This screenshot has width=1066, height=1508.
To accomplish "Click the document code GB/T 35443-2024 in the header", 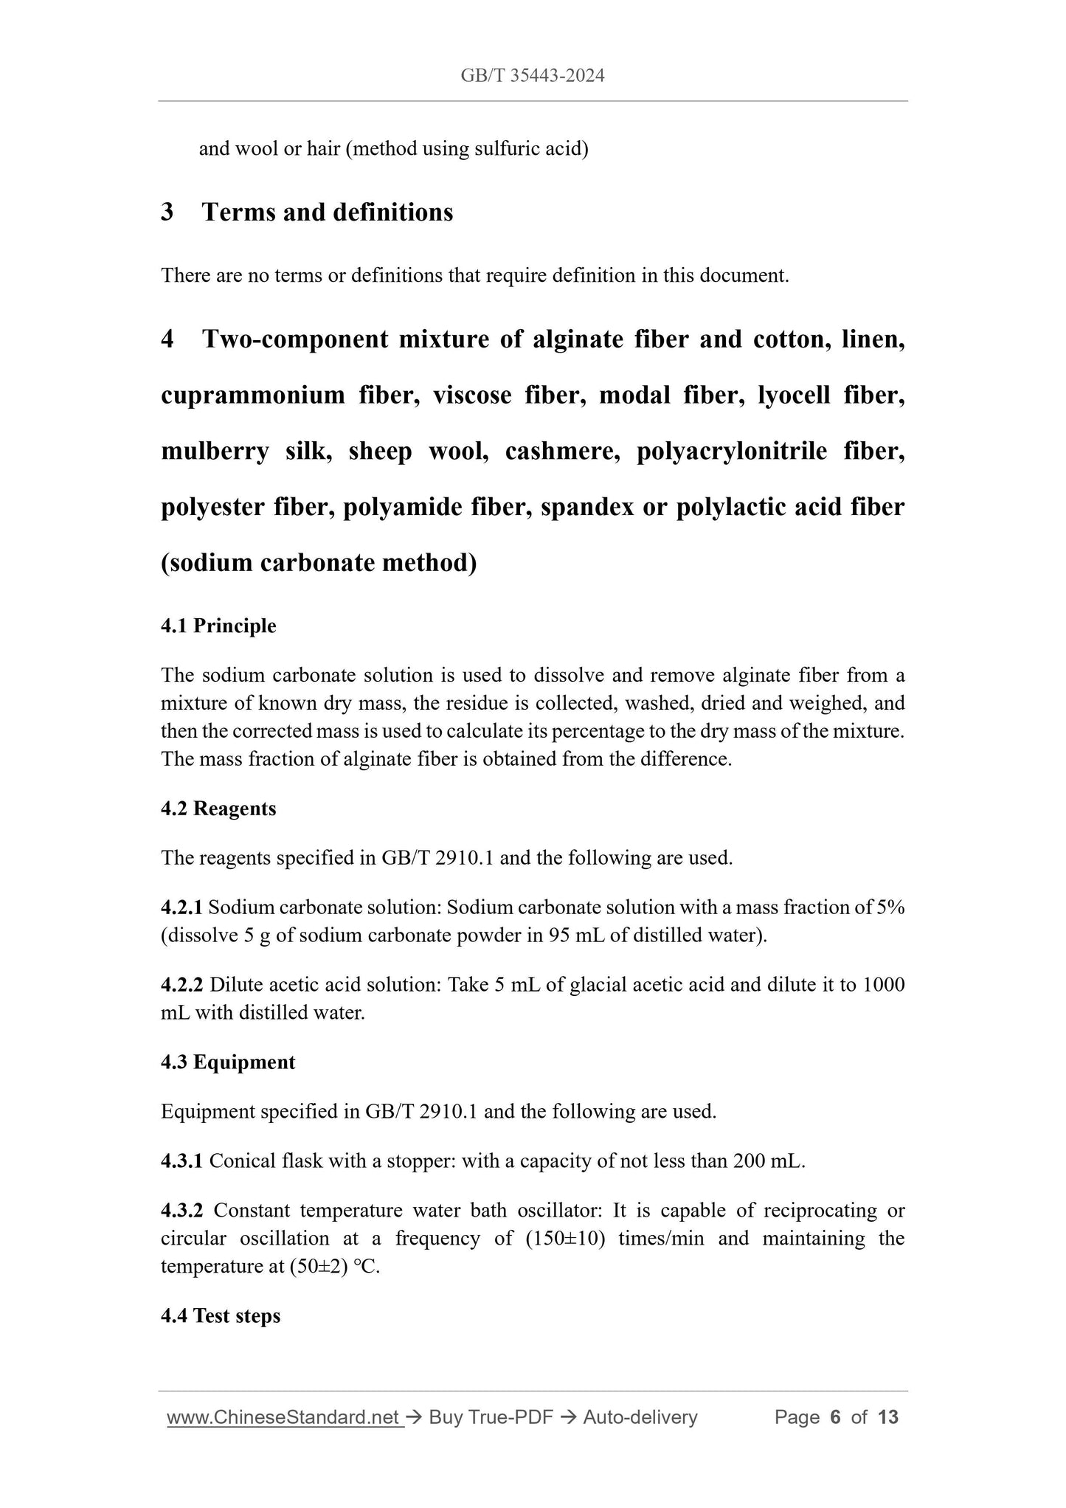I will pos(532,75).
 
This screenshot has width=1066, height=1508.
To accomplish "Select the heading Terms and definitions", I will pos(327,212).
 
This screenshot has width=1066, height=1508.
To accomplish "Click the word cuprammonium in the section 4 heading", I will pos(253,395).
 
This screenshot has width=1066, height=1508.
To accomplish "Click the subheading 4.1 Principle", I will pos(218,626).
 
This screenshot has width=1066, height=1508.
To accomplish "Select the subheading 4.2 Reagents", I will pos(218,809).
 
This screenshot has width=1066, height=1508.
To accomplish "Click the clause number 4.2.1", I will pos(181,907).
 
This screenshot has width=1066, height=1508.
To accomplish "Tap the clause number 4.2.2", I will pos(181,985).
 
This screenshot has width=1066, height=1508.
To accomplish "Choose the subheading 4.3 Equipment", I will pos(228,1062).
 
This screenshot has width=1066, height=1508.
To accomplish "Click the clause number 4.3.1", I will pos(181,1161).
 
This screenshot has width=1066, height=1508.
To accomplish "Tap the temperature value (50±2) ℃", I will pos(330,1267).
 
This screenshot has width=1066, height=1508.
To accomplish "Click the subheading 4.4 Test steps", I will pos(221,1316).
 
